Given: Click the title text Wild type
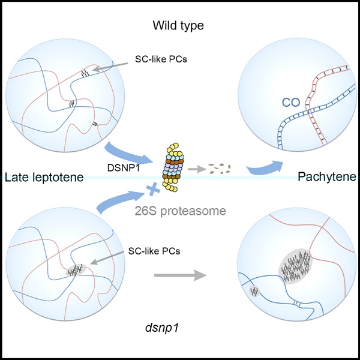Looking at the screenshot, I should click(x=179, y=26).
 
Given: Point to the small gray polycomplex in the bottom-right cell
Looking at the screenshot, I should click(x=254, y=292).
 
